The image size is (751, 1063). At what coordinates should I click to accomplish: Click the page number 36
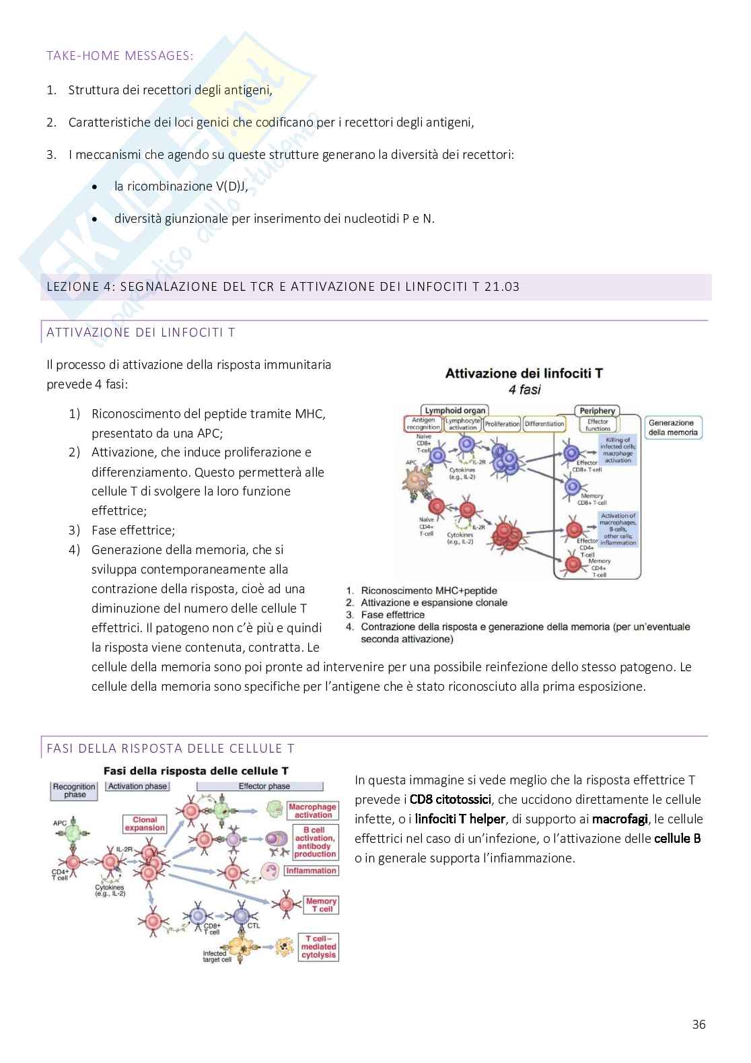coord(699,1025)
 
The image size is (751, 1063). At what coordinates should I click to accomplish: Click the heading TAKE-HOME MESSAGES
coord(120,56)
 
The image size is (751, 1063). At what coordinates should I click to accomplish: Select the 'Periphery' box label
coord(597,410)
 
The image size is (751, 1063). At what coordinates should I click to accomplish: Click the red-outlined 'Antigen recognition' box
coord(423,424)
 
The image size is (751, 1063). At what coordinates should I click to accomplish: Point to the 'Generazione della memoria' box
coord(672,427)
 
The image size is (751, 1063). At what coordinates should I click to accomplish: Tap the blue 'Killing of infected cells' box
coord(617,450)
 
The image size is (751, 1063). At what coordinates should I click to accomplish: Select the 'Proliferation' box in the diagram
coord(502,424)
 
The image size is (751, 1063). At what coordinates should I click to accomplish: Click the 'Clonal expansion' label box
coord(145,823)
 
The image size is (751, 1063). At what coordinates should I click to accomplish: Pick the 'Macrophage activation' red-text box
coord(313,811)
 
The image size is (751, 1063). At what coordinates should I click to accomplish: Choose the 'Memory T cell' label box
coord(320,905)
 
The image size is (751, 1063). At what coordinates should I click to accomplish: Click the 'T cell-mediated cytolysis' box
coord(318,947)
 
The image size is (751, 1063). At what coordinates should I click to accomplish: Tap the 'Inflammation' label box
coord(311,870)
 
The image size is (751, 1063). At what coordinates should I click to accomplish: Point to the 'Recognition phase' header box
coord(75,790)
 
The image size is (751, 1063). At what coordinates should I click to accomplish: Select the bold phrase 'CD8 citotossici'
coord(450,800)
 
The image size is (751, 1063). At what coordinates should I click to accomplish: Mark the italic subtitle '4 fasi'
coord(524,389)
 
